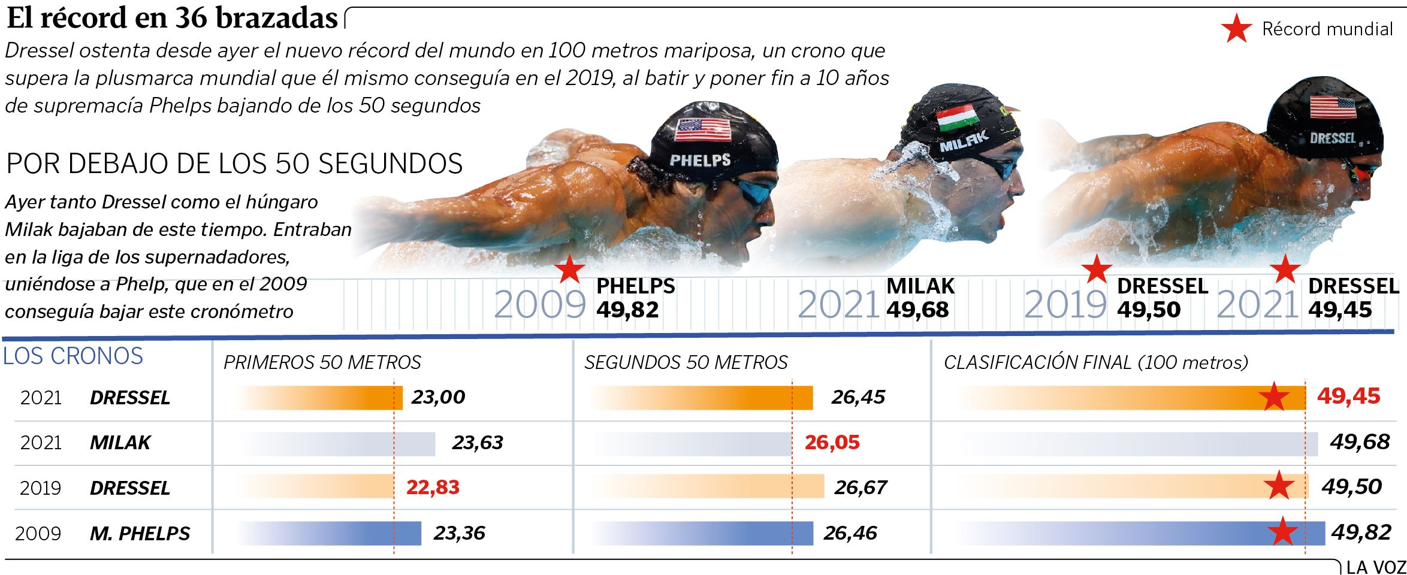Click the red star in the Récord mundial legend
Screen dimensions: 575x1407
[1236, 29]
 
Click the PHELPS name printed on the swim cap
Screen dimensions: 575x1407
[700, 160]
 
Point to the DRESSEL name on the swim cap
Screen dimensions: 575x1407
[1333, 138]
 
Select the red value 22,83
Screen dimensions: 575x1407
[433, 487]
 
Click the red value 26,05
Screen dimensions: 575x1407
[832, 442]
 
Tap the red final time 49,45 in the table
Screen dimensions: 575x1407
[1348, 396]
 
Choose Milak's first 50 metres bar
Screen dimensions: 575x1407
[336, 444]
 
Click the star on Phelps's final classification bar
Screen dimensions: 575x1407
[1282, 532]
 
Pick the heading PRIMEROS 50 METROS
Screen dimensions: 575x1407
[322, 362]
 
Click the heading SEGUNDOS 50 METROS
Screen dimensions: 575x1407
[686, 362]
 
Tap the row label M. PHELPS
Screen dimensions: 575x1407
[140, 533]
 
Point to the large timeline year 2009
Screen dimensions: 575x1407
[539, 304]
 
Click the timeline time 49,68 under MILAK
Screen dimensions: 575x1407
[917, 310]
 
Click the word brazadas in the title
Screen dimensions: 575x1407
[276, 18]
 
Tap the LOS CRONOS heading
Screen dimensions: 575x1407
[73, 356]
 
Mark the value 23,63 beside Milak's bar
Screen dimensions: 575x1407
[478, 442]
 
